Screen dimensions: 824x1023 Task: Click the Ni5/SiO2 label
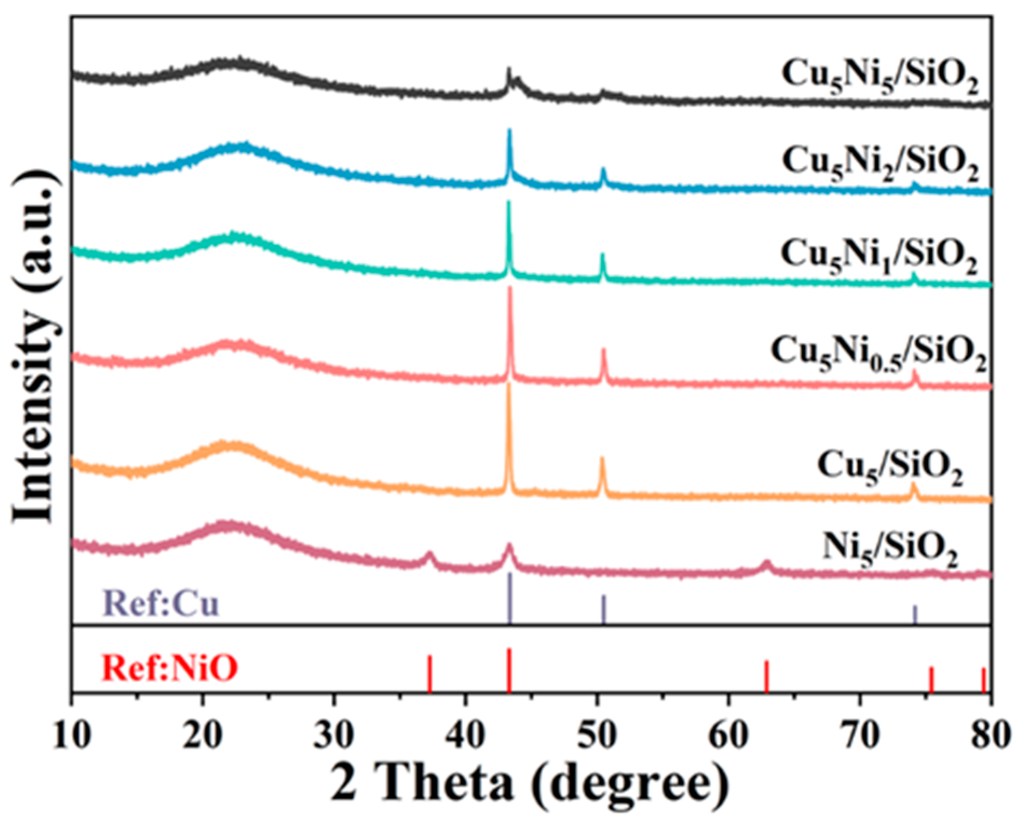click(x=890, y=550)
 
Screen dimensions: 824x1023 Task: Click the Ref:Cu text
click(x=162, y=603)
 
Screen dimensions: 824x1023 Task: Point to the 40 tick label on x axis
click(x=465, y=736)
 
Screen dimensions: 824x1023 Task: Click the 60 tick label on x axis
click(x=728, y=736)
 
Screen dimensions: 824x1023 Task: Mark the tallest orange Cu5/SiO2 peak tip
click(x=508, y=384)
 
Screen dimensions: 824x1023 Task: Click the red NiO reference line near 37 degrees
click(x=430, y=673)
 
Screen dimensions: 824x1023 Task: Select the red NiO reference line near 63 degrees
click(x=766, y=676)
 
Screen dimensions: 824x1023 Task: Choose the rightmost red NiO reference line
click(x=983, y=679)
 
